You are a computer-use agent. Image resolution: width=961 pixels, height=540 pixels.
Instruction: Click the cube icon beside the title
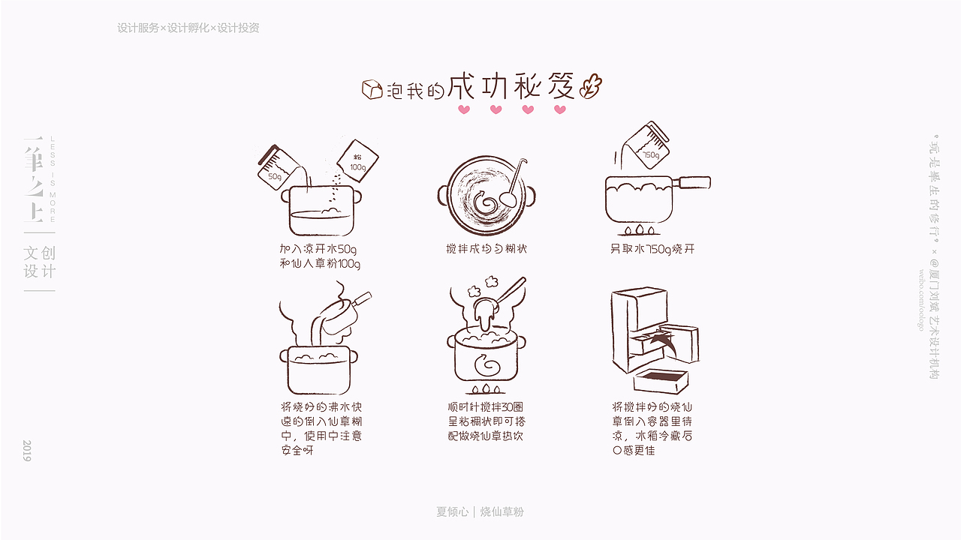pos(372,90)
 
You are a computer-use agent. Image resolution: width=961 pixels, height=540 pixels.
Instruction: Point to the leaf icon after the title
pos(591,86)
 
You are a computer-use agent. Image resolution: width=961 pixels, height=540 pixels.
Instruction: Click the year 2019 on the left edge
pos(27,450)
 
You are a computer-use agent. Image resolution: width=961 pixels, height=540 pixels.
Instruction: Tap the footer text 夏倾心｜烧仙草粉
pos(480,511)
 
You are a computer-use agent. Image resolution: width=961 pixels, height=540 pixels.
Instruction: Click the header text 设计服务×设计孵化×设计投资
pos(188,28)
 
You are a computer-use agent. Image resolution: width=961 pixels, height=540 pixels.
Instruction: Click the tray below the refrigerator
pos(661,380)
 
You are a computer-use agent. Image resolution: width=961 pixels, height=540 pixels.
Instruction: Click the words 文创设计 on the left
pos(40,262)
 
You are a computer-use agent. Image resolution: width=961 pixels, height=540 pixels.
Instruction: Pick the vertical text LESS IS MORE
pos(53,179)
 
